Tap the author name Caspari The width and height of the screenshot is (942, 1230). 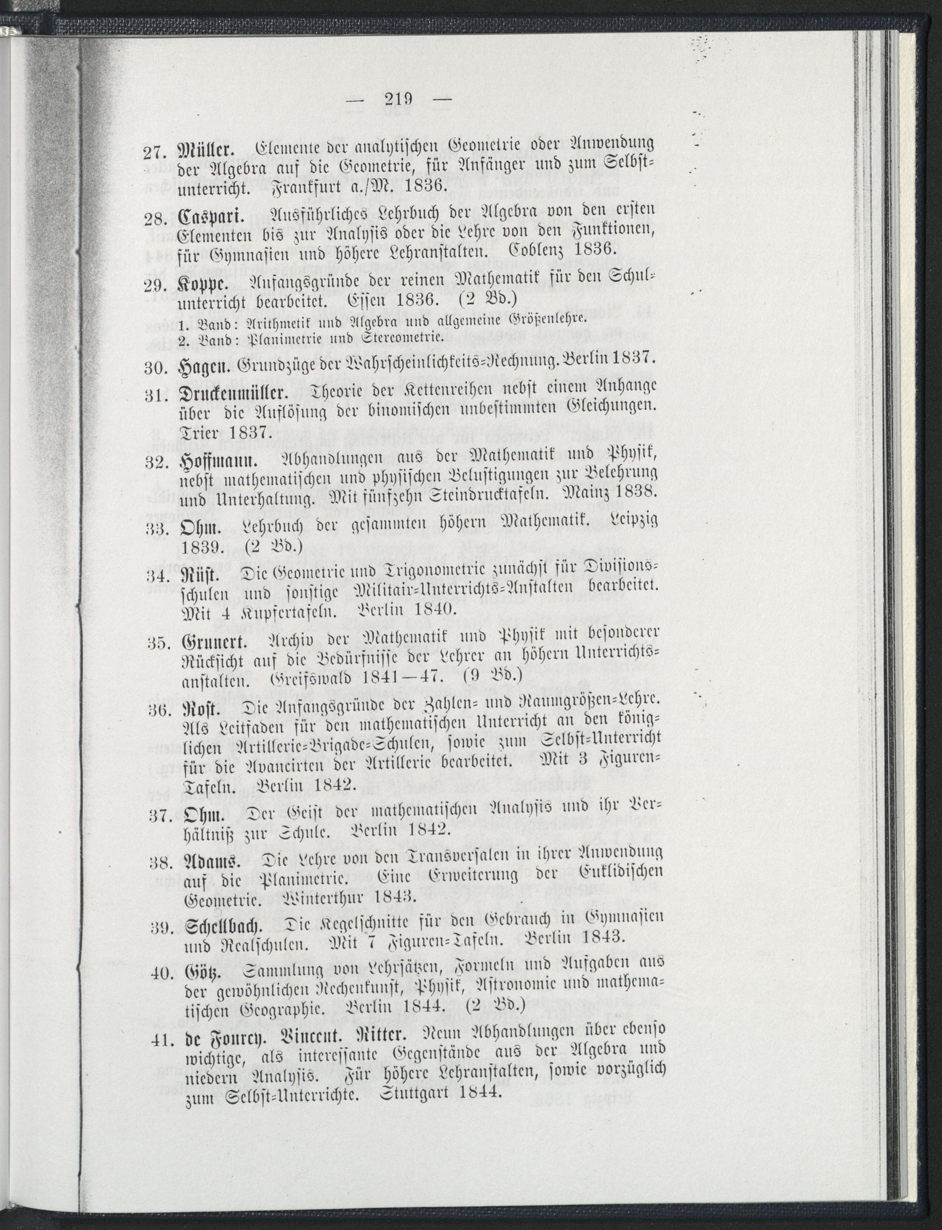click(207, 218)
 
